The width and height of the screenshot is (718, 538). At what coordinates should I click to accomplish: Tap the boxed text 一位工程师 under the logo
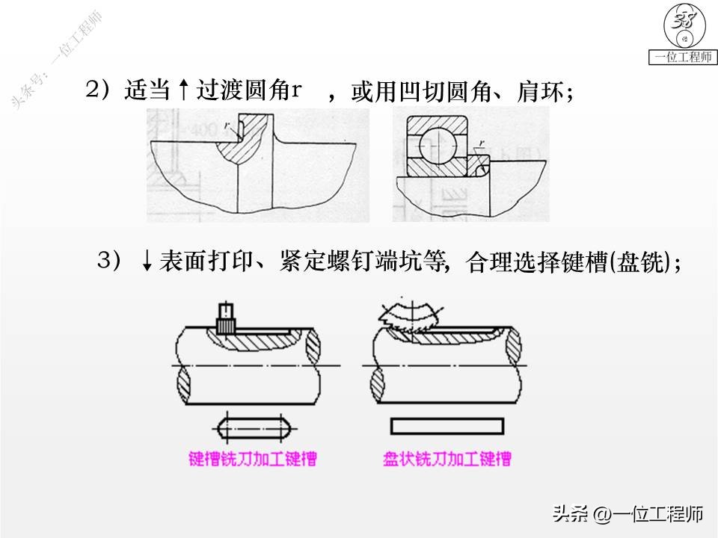click(x=683, y=58)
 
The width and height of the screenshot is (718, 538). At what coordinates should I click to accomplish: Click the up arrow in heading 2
click(x=182, y=91)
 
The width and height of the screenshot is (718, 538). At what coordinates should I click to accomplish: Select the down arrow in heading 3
click(x=147, y=262)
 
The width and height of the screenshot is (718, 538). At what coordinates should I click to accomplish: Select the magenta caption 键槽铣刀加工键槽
click(x=254, y=458)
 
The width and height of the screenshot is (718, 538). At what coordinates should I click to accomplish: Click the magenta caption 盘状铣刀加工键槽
click(x=447, y=458)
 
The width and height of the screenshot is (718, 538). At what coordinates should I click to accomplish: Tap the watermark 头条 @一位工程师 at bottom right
click(x=628, y=514)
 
